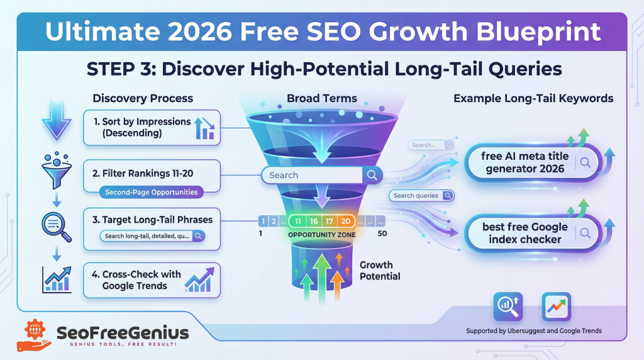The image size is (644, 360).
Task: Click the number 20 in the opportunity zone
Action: (x=345, y=221)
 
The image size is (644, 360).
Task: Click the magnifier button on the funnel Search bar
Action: (x=372, y=175)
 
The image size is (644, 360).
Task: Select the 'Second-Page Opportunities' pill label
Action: (x=152, y=192)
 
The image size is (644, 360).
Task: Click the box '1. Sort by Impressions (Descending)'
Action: (x=152, y=127)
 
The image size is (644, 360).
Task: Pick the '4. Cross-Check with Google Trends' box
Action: (x=152, y=280)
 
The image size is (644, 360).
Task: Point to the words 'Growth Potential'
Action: (x=380, y=271)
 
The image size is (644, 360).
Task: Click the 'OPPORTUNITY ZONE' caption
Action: (x=321, y=235)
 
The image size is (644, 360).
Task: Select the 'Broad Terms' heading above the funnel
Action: (x=321, y=98)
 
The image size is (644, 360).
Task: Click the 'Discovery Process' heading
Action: (x=143, y=98)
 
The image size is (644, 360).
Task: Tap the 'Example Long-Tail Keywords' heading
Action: (x=533, y=98)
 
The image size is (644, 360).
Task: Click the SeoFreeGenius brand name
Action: (x=123, y=332)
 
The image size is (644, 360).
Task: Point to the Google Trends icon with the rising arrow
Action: (x=556, y=307)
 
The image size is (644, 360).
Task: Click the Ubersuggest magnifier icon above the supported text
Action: (x=508, y=307)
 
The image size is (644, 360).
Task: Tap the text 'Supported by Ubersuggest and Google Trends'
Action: (x=533, y=331)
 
